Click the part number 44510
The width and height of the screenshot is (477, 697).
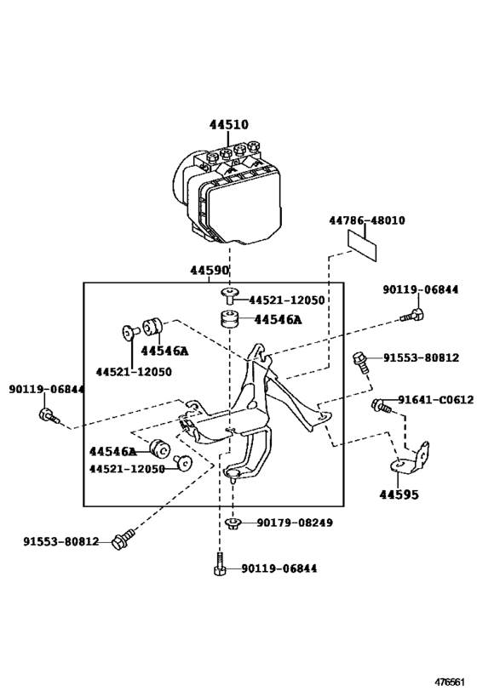(x=229, y=124)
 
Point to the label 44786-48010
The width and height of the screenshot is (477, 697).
(x=367, y=220)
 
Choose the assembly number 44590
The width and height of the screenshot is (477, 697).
(x=210, y=271)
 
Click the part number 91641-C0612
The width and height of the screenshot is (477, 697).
(x=434, y=400)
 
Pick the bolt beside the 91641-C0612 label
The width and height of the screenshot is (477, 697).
(x=381, y=405)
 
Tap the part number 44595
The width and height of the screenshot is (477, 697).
(x=399, y=493)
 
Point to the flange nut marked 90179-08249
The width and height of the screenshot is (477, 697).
(x=232, y=523)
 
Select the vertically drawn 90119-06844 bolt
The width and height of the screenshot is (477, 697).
(x=219, y=567)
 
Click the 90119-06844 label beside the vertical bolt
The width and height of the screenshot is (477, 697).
(x=279, y=568)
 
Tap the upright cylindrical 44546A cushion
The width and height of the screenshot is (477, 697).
(x=227, y=321)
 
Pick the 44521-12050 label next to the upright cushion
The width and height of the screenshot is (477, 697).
(x=287, y=300)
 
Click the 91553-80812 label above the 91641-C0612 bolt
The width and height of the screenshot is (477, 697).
(x=420, y=358)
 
